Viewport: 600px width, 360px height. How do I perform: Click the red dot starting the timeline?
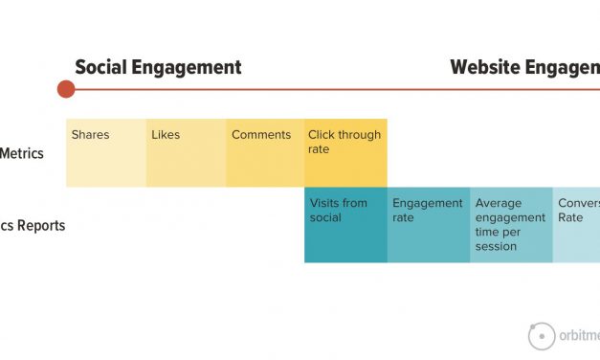point(65,89)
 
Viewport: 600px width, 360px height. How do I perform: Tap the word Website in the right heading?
point(485,67)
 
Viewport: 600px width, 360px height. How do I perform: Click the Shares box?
point(105,153)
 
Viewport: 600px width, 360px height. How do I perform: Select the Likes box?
point(186,153)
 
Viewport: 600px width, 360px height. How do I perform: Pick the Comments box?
point(265,153)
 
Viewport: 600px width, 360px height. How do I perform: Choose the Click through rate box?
point(345,153)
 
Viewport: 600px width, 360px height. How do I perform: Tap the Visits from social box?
point(345,225)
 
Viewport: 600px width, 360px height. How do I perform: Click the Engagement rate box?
point(428,225)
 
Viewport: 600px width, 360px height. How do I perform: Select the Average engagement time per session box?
point(511,225)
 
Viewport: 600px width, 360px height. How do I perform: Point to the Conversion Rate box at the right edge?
point(576,225)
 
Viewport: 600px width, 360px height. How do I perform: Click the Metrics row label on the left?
point(21,153)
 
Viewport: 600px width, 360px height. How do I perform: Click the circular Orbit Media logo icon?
point(542,336)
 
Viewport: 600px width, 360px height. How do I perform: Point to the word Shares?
point(90,135)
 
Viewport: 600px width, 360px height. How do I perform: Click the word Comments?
point(260,135)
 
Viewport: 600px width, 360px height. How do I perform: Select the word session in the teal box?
point(496,246)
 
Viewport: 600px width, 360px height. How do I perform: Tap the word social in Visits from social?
point(325,217)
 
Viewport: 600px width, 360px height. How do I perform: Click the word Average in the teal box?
point(498,203)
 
